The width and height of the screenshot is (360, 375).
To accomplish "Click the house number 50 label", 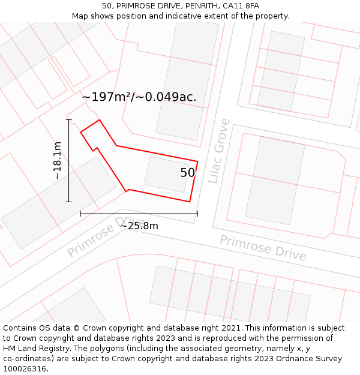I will (x=187, y=173).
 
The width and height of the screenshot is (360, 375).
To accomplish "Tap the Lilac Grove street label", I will (x=218, y=151).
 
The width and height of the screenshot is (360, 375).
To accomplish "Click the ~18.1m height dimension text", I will (x=57, y=161).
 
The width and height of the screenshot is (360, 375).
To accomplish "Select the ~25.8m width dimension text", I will (x=139, y=226).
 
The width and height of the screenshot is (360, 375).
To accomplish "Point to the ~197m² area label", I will (x=139, y=97).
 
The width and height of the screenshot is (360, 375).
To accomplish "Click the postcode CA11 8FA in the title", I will (x=239, y=6).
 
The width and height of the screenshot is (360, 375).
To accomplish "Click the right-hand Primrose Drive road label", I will (x=263, y=248).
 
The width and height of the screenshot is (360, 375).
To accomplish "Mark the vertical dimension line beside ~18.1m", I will (x=69, y=161).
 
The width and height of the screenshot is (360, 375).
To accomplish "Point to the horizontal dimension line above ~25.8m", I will (x=139, y=214).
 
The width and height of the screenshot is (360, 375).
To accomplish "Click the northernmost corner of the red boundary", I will (x=100, y=120).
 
